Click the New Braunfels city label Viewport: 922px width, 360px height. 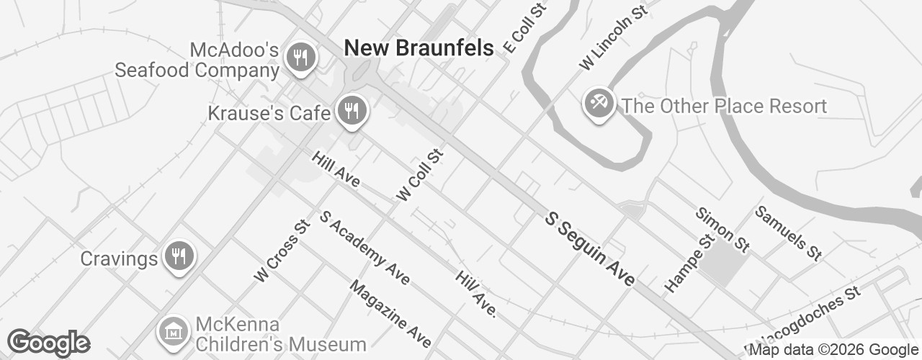point(419,48)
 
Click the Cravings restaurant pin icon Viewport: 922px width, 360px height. point(178,256)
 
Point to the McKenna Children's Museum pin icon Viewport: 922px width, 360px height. point(173,331)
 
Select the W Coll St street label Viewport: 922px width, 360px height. point(419,175)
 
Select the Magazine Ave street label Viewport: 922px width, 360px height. point(390,313)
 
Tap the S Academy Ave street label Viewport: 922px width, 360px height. point(364,247)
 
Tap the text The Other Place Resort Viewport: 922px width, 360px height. point(724,107)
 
